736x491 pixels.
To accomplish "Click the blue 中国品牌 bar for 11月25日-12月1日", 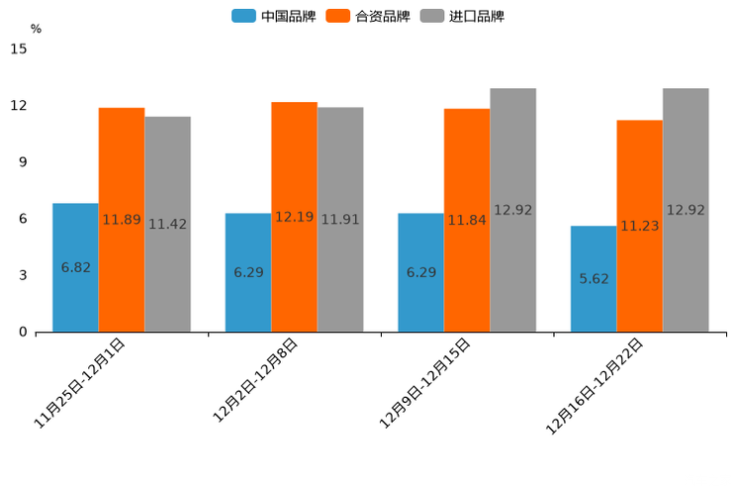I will (75, 267).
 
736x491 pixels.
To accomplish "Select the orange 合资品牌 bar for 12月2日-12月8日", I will (294, 217).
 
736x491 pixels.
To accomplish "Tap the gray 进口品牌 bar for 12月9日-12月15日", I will (512, 210).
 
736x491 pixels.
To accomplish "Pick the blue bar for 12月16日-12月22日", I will (594, 278).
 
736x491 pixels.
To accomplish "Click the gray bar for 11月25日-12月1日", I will (167, 224).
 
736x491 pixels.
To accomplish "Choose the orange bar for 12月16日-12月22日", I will (639, 226).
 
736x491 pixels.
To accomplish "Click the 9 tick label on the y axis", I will (22, 162).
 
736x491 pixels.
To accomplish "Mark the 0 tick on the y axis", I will (22, 333).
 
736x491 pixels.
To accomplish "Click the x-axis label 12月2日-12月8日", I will (255, 380).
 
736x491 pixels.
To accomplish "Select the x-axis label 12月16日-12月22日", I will (595, 386).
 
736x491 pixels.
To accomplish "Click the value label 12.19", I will (294, 217).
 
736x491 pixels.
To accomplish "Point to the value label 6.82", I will (75, 267).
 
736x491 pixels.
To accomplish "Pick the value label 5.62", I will (594, 278).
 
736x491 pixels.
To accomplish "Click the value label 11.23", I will (639, 226).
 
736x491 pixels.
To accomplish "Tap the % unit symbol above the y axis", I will (36, 29).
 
